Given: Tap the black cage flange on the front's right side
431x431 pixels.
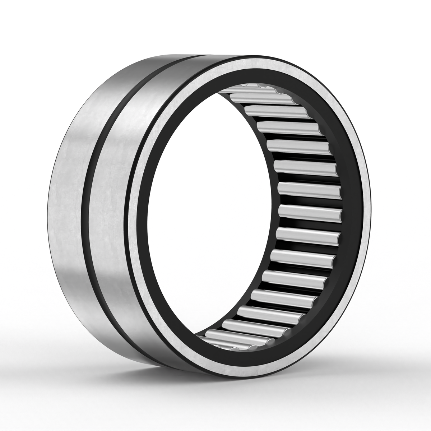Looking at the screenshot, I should (350, 215).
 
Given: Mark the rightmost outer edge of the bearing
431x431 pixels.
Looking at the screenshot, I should (370, 215).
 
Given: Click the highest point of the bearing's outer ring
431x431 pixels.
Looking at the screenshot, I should (215, 55).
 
